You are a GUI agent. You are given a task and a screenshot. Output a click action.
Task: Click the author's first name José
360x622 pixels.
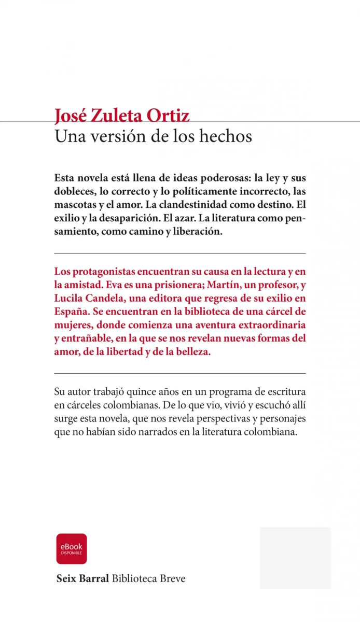(x=70, y=116)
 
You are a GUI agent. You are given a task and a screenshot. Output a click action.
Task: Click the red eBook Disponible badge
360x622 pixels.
(x=72, y=548)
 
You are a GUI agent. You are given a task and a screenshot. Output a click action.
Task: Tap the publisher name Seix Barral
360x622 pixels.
(x=82, y=578)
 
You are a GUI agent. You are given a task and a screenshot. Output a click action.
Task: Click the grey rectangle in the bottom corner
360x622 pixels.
(x=295, y=558)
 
